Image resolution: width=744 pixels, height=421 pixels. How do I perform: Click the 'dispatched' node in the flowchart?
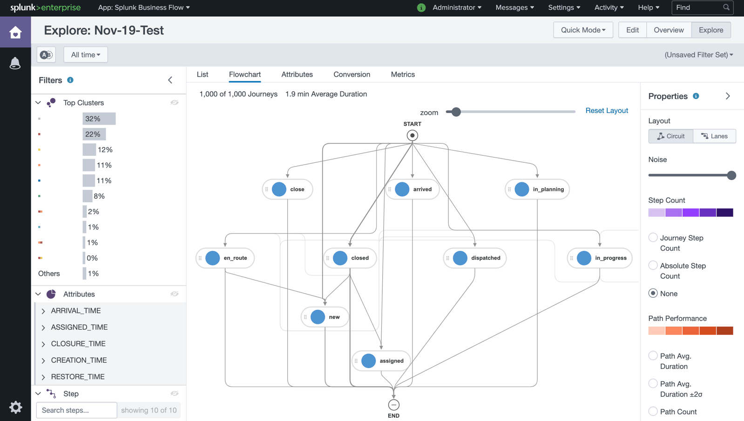[475, 258]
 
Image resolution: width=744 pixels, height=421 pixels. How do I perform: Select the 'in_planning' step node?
[537, 189]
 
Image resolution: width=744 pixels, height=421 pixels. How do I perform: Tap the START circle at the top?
[412, 135]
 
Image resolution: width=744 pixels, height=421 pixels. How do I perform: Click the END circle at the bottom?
[393, 405]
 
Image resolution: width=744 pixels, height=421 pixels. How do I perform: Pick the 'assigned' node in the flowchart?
[381, 361]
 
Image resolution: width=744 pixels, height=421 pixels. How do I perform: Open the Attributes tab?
[297, 74]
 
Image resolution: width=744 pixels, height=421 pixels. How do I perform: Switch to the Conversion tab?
[352, 74]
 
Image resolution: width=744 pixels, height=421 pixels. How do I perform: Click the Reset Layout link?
[606, 111]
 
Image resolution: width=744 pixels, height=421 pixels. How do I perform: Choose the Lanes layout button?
[714, 136]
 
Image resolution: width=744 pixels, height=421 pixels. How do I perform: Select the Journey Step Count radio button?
[653, 238]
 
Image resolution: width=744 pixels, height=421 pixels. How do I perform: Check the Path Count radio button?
[653, 411]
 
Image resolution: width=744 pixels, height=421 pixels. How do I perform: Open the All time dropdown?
[86, 54]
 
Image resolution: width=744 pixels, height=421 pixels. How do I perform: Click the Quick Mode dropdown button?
[583, 30]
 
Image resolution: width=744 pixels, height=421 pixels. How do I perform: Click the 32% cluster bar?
[99, 119]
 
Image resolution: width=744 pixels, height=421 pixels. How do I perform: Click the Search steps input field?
[76, 410]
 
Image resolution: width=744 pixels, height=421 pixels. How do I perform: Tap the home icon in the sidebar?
[15, 32]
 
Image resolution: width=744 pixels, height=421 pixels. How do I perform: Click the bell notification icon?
[15, 63]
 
